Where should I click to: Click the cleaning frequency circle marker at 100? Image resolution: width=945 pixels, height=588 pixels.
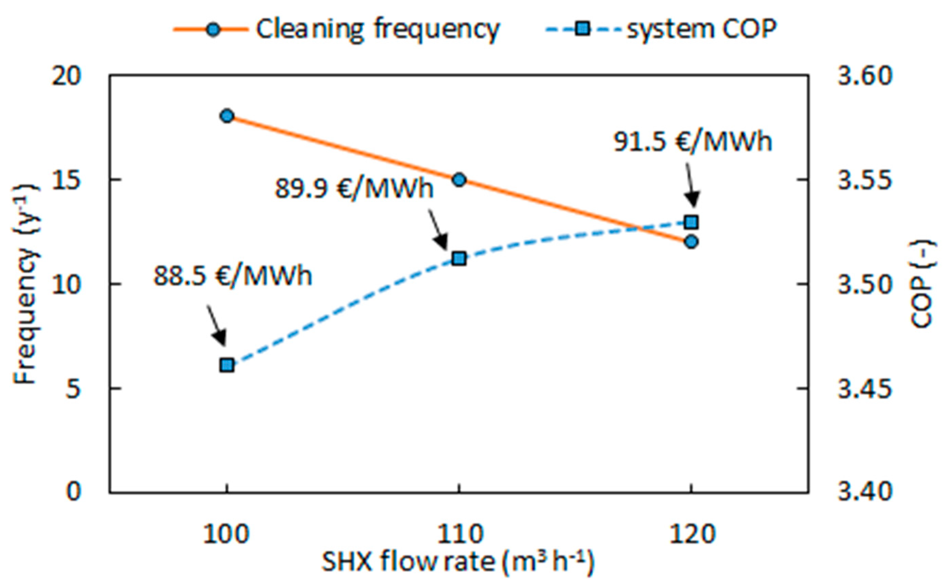click(227, 116)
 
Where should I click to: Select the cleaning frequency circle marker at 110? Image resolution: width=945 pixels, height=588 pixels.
click(459, 180)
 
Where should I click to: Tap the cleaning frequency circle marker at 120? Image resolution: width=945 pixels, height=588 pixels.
click(691, 242)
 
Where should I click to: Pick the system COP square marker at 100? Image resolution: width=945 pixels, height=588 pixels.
click(227, 366)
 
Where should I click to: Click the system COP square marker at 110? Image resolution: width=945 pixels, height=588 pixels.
click(459, 259)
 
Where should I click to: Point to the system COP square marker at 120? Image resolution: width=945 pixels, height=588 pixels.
click(691, 222)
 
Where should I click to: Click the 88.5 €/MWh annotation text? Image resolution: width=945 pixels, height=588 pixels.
click(233, 276)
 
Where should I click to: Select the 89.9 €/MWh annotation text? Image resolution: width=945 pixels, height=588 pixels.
click(354, 189)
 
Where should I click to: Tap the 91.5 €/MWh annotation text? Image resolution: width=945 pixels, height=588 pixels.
click(692, 142)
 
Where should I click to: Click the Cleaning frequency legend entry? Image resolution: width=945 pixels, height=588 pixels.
click(337, 29)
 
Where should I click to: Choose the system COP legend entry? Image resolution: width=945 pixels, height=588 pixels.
click(661, 29)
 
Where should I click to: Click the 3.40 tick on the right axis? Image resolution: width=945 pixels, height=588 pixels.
click(864, 492)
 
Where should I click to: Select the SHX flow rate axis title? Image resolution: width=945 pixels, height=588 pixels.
click(458, 563)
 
